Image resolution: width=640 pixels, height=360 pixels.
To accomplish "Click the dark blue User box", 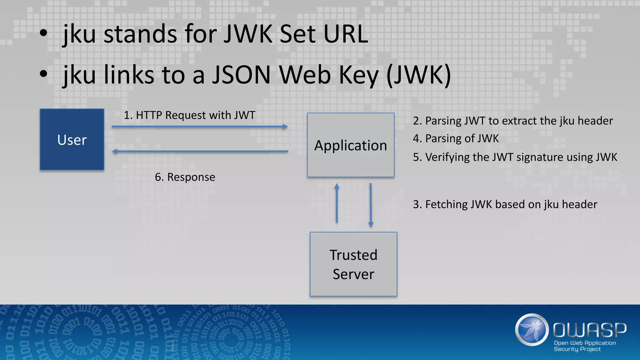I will [x=72, y=139].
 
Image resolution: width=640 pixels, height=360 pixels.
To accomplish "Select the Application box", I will [x=351, y=145].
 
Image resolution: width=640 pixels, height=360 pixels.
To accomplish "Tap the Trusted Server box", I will [x=353, y=264].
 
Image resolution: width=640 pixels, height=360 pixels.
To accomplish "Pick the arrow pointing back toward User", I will [x=200, y=152].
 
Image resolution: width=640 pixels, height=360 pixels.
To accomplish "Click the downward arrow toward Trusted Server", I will [x=371, y=205].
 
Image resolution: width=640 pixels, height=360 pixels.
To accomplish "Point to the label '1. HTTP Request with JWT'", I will [x=189, y=115].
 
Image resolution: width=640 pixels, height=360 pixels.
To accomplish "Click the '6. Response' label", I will [x=185, y=177].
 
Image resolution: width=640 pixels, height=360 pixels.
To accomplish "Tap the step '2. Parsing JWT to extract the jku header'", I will [x=512, y=121].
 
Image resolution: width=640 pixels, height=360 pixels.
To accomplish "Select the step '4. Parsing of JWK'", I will [x=456, y=138].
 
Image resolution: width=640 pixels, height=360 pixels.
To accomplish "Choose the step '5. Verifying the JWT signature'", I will [x=515, y=157].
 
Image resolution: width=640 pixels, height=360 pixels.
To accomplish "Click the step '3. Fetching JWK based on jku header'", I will [x=505, y=204].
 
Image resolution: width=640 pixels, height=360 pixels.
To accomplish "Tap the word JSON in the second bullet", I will [x=241, y=75].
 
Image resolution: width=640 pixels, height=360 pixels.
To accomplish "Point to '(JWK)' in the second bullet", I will [x=419, y=75].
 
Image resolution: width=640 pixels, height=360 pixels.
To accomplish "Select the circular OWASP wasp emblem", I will [x=532, y=330].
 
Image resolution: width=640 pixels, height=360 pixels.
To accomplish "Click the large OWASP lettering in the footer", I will [x=589, y=330].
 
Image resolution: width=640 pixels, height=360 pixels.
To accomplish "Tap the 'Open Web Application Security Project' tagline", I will [x=584, y=346].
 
